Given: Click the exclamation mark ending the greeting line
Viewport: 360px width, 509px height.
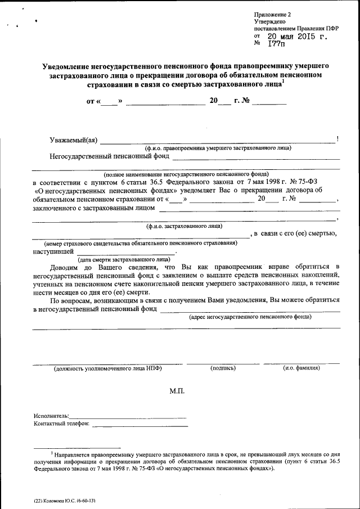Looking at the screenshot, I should tap(336, 139).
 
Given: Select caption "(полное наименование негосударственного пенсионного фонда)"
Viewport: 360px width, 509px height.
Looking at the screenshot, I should tap(185, 174).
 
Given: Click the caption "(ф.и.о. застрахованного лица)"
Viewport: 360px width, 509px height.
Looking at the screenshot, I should tap(184, 226).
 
